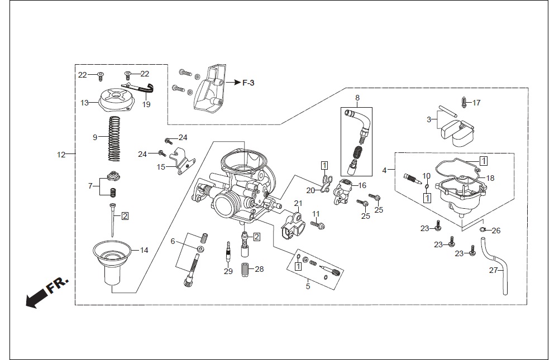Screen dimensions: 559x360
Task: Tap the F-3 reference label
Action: coord(249,83)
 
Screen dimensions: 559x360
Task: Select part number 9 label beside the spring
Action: coord(95,137)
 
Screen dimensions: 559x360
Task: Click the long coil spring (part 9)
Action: coord(114,138)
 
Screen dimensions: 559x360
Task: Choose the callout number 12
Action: coord(61,155)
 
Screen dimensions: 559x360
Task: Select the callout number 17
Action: coord(477,103)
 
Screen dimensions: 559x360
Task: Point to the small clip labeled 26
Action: coord(482,229)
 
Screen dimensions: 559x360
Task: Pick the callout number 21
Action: coord(298,203)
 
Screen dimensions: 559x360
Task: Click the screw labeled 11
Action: coord(318,224)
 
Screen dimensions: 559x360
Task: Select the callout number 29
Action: coord(228,271)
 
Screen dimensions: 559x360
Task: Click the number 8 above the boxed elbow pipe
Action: coord(357,98)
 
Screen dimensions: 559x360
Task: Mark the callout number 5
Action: coord(308,286)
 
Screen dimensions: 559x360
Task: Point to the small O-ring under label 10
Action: coord(426,186)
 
